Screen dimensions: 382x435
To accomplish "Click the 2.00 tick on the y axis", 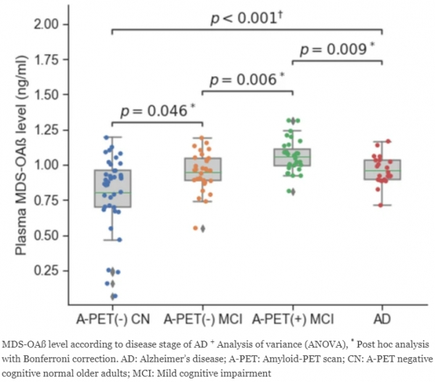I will (x=46, y=25).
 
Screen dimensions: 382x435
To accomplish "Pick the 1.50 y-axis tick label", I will (x=46, y=95).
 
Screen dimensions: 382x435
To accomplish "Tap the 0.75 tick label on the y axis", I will (x=46, y=201).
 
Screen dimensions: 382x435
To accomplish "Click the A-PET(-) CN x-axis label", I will (x=112, y=320).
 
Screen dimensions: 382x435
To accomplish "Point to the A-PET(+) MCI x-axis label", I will (x=293, y=320).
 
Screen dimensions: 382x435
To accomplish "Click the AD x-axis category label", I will (x=383, y=320).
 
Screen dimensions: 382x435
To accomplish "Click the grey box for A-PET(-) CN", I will (x=112, y=188).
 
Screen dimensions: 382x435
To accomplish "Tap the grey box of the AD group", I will (x=382, y=170).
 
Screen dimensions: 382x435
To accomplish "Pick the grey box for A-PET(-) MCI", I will (x=202, y=169).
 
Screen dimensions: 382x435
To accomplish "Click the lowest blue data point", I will (x=113, y=296).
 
